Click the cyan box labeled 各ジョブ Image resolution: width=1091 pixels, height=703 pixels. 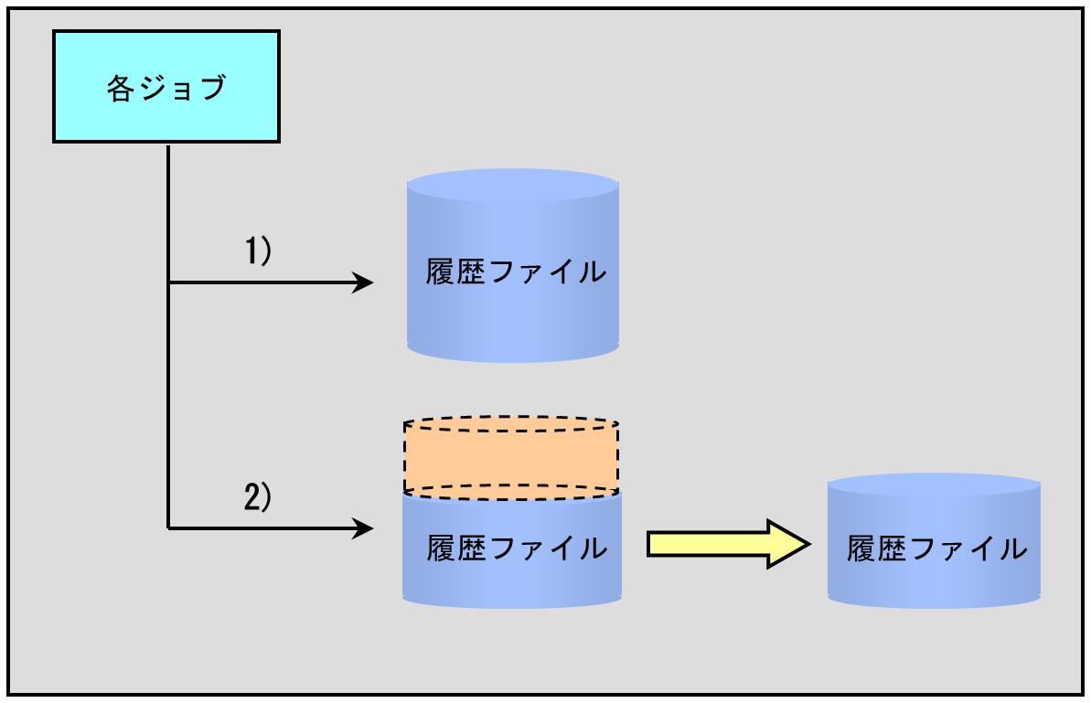(166, 87)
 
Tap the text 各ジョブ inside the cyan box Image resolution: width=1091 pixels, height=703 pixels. (166, 89)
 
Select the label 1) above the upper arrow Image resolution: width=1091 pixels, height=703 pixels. (258, 250)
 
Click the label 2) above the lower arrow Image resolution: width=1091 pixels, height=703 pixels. (258, 496)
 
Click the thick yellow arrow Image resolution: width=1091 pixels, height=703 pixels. (729, 544)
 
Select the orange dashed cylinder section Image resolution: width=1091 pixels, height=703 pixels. (511, 458)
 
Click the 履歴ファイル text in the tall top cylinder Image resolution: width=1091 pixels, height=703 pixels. (516, 272)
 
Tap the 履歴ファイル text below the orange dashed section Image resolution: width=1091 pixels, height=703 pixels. (517, 548)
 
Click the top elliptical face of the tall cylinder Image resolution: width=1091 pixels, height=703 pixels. (513, 185)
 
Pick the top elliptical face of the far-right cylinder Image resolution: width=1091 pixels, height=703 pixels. (934, 485)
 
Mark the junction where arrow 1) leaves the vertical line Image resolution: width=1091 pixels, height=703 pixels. (168, 282)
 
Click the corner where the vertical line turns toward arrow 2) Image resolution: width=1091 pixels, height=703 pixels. (168, 528)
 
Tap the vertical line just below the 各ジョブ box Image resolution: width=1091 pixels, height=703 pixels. (168, 160)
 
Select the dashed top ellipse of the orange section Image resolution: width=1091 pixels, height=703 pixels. (511, 425)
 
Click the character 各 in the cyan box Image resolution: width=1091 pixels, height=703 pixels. (120, 89)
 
